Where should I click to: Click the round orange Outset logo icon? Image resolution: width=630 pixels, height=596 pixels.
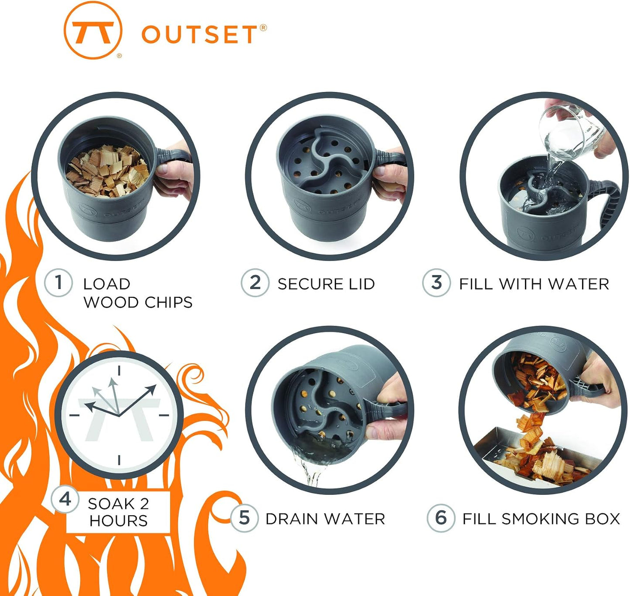pos(92,30)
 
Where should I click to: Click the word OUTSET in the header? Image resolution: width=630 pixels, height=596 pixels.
pos(199,35)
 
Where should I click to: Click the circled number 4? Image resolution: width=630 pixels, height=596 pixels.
pos(65,499)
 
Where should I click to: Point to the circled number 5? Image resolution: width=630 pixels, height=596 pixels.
pos(244,518)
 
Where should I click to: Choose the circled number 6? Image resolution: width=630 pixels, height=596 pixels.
pos(441,518)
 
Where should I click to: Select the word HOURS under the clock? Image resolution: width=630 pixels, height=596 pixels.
pos(119,521)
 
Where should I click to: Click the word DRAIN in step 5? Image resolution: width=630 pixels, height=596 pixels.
pos(294,519)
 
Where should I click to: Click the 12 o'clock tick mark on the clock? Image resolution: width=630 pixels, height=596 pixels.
pos(119,371)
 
